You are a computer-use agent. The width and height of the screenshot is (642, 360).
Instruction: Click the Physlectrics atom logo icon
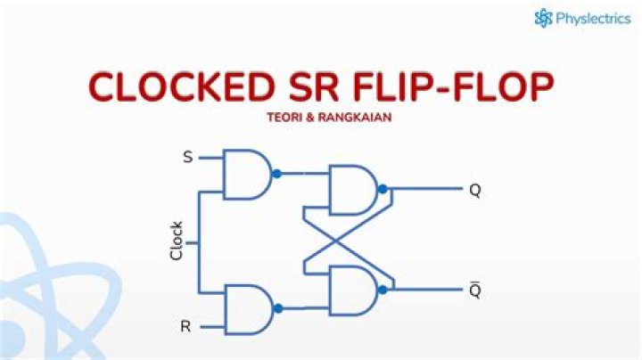(544, 18)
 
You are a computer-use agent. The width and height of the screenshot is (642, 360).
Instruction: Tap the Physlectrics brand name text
(595, 18)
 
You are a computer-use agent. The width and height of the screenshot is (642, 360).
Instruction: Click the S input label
(187, 158)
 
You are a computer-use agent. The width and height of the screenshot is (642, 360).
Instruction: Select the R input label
(185, 326)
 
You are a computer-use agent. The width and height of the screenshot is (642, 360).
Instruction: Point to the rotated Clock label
(177, 241)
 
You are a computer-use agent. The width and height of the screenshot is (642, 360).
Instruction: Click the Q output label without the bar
(474, 190)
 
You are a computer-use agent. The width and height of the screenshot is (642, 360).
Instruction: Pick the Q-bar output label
(474, 290)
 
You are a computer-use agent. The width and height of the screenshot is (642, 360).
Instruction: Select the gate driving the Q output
(351, 189)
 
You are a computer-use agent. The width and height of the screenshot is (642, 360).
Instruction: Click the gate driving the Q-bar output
(351, 290)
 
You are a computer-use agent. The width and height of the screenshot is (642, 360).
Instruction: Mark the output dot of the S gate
(277, 174)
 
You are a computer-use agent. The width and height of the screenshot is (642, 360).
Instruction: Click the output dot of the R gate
(277, 308)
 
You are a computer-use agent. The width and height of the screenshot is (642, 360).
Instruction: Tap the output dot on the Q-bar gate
(382, 290)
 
